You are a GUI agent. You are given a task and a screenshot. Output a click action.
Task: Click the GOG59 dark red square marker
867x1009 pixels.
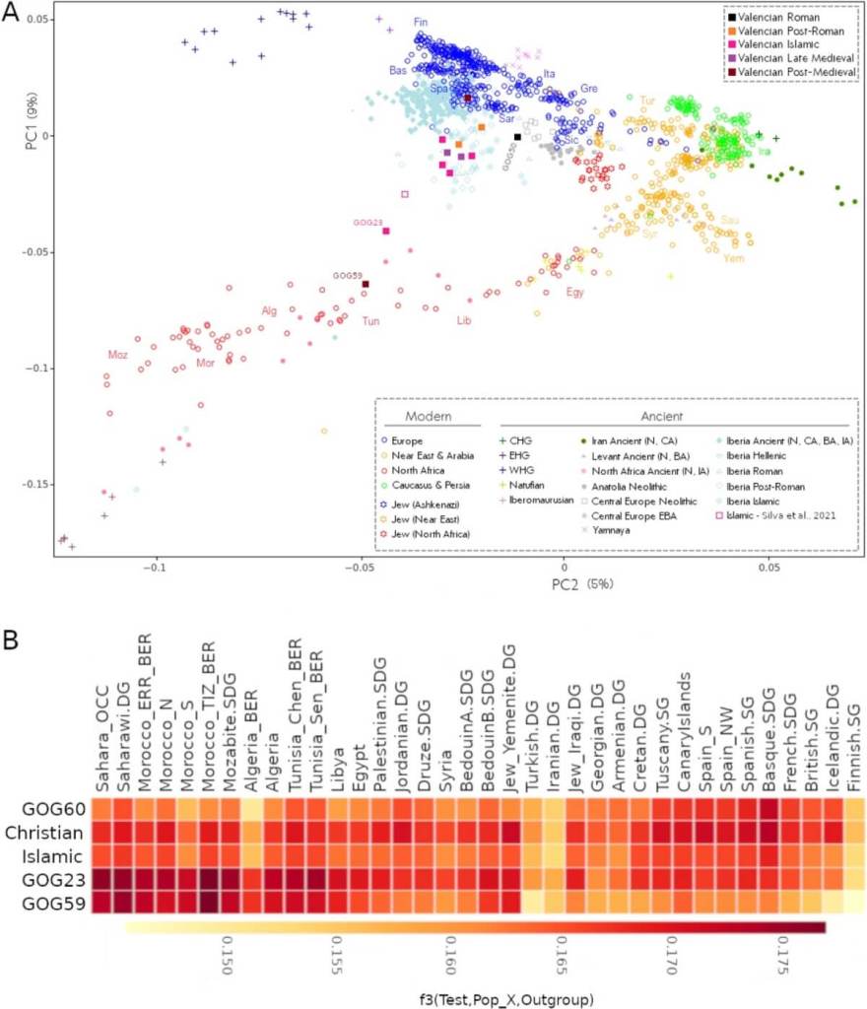click(366, 284)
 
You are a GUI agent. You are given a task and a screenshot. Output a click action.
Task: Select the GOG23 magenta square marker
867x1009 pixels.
click(386, 231)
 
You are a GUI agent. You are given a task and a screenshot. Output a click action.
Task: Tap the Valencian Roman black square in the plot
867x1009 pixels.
click(517, 137)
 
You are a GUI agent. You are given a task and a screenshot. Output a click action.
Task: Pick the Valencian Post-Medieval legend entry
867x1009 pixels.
click(795, 72)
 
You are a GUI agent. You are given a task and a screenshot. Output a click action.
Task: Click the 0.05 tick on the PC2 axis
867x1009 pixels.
click(769, 568)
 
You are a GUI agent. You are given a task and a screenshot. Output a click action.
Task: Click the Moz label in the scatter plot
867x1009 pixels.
click(117, 354)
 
